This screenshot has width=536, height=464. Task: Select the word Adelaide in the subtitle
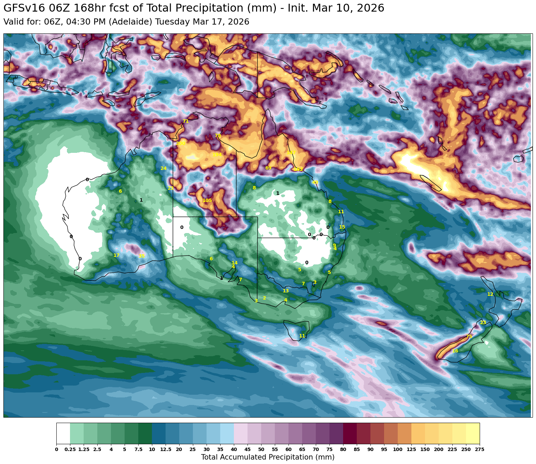[134, 22]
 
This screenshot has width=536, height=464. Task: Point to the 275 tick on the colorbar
[479, 449]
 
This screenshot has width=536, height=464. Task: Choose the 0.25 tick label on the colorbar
[70, 449]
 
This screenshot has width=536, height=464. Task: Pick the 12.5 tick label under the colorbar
[166, 449]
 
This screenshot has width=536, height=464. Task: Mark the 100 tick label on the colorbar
[397, 449]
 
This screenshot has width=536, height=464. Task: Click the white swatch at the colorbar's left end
[63, 433]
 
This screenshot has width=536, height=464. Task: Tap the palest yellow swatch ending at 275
[472, 433]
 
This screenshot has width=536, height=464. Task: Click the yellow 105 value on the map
[207, 200]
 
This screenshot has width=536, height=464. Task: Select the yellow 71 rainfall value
[185, 121]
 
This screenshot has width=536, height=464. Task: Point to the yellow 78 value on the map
[218, 136]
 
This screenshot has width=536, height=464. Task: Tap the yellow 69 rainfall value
[268, 168]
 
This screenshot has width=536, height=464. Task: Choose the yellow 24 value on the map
[164, 168]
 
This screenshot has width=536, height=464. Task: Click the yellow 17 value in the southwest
[116, 255]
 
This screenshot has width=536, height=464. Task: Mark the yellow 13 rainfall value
[286, 291]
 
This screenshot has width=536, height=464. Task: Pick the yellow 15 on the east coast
[342, 227]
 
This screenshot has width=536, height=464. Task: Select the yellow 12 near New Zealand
[490, 294]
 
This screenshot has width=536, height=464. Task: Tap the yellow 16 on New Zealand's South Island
[455, 351]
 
